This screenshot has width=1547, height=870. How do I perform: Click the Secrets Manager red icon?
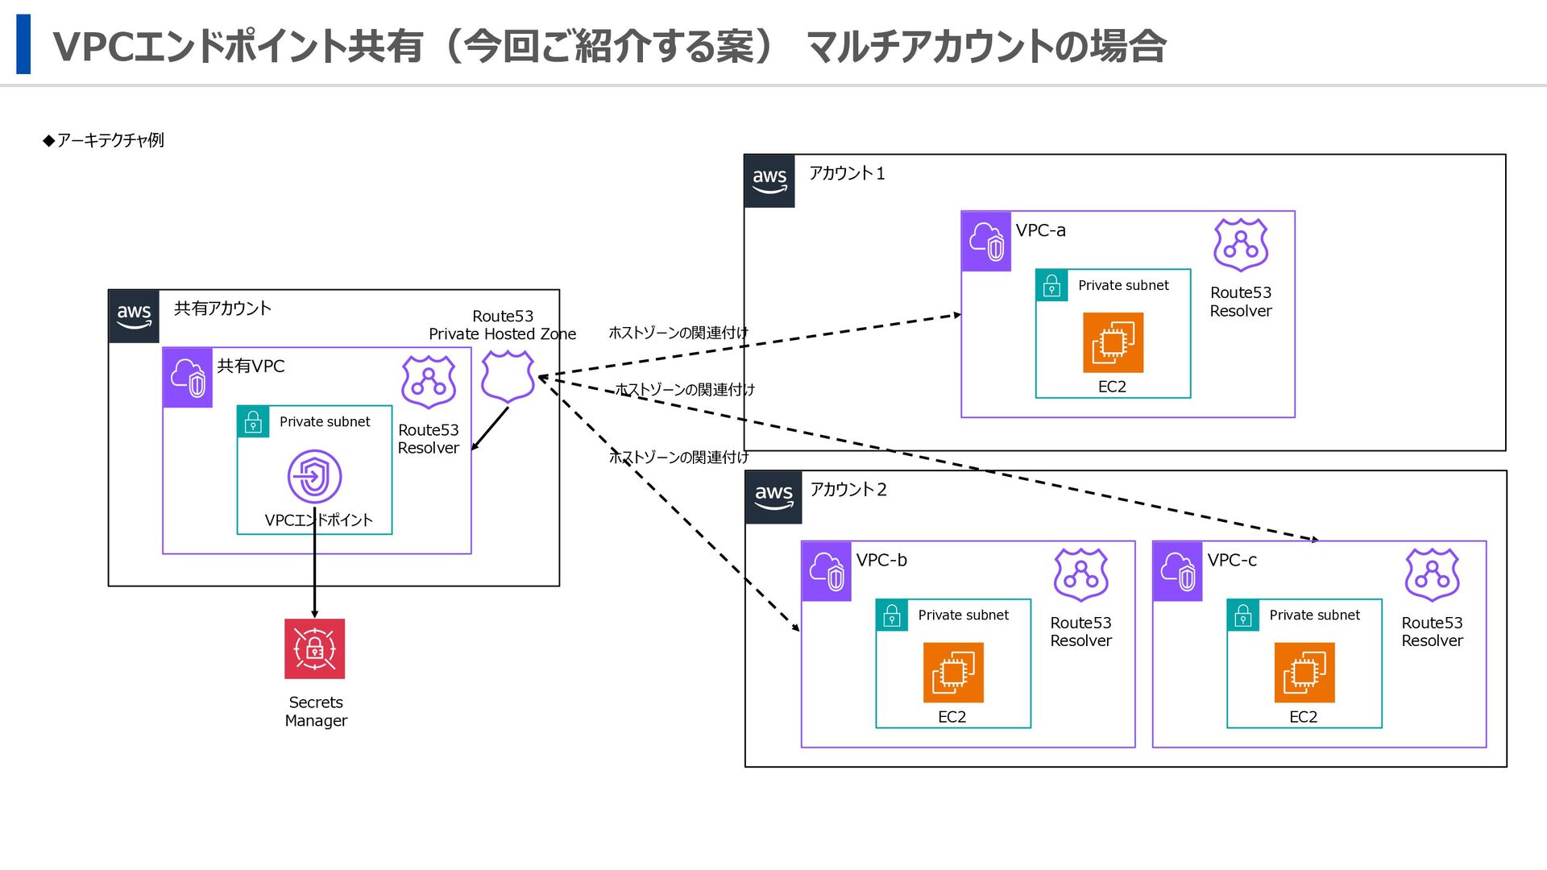coord(314,648)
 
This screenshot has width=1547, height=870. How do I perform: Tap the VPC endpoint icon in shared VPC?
coord(314,476)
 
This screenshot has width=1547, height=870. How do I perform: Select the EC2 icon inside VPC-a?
coord(1113,342)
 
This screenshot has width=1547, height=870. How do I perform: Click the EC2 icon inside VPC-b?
coord(953,672)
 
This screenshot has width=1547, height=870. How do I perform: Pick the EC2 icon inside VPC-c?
coord(1304,672)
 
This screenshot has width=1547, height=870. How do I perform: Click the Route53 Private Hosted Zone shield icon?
coord(508,376)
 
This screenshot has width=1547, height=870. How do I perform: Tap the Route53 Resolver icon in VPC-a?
coord(1241,245)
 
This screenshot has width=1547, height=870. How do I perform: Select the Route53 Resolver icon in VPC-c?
coord(1432,575)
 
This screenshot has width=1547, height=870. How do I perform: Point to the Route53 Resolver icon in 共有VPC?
coord(429,383)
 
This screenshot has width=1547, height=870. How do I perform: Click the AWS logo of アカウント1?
coord(769,180)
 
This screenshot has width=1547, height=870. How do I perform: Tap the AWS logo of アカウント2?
coord(773,496)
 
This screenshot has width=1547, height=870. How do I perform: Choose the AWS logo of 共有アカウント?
coord(134,316)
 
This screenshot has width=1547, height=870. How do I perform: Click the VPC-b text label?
coord(881,560)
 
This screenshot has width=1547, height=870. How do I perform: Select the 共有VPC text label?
coord(251,366)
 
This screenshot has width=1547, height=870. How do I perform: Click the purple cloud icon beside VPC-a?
coord(986,241)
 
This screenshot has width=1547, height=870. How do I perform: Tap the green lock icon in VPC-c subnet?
coord(1243,615)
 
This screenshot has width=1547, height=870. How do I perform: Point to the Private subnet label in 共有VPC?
coord(325,421)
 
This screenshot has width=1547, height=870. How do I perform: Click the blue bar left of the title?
coord(23,44)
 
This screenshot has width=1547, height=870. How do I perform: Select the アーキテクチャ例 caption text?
coord(110,140)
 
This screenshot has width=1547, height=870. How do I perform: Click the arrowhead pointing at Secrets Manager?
coord(314,614)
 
